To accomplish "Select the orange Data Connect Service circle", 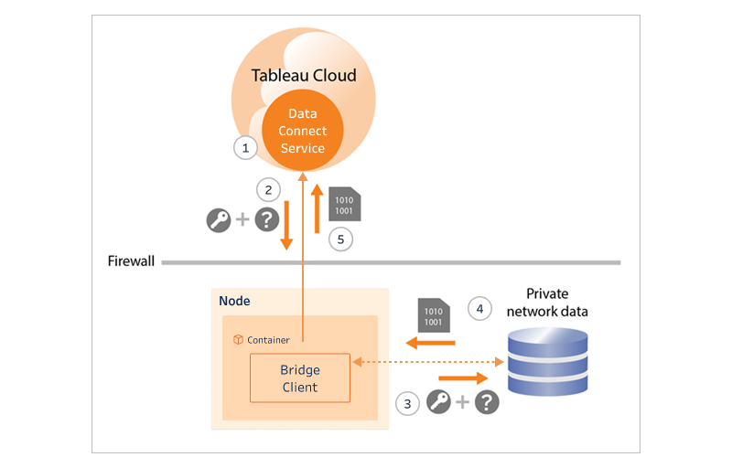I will point(303,131).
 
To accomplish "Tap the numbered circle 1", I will point(244,146).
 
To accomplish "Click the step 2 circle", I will point(268,190).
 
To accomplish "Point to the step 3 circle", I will point(407,402).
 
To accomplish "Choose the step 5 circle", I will point(339,239).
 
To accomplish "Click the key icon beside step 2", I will point(219,220).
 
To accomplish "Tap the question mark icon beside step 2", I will point(266,220).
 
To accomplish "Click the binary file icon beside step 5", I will point(344,204).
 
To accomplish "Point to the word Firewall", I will point(132,261).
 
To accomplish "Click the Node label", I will point(234,301).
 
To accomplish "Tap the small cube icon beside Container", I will point(238,340).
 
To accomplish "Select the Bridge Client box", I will point(300,378).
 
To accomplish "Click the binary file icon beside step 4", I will point(432,314).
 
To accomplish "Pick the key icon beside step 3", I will point(439,402).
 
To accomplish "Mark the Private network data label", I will point(547,303).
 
